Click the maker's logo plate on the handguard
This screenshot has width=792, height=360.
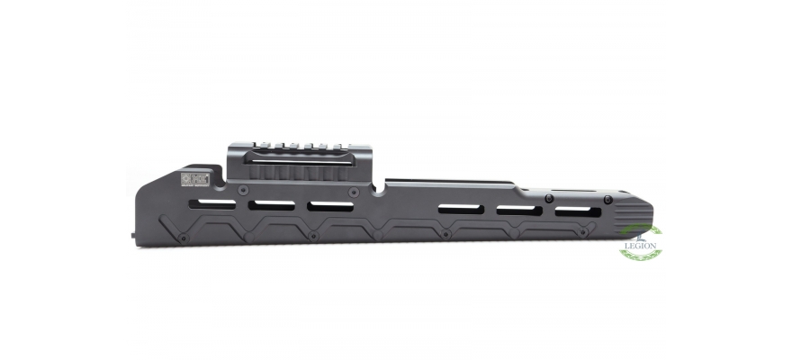click(195, 179)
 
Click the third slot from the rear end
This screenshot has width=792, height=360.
click(330, 206)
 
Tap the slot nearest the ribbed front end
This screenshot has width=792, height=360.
click(578, 212)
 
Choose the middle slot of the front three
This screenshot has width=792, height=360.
click(519, 211)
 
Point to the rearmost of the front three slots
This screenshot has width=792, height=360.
click(461, 209)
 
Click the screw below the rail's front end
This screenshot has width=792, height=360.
click(355, 192)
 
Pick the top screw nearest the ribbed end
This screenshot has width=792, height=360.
click(608, 199)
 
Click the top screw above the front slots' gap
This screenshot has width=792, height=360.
click(548, 198)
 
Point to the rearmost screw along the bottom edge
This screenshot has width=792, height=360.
click(183, 238)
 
